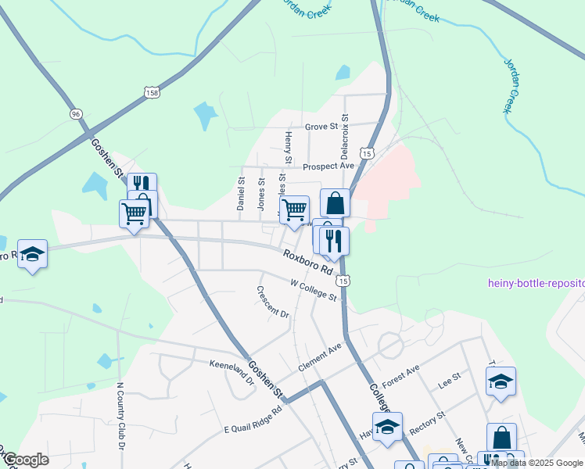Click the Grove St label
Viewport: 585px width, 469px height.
point(321,126)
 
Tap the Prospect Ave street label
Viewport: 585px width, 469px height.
point(328,166)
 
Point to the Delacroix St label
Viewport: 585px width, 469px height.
point(344,131)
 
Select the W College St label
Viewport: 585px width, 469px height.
point(313,291)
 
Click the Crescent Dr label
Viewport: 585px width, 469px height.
point(273,301)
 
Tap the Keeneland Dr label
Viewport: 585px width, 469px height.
point(231,370)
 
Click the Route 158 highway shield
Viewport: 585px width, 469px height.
point(152,93)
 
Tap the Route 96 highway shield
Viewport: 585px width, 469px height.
point(76,114)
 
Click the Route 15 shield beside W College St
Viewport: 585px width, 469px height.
point(343,280)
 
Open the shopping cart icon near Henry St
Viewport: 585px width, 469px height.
point(294,209)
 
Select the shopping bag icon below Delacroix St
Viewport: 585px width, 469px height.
point(335,203)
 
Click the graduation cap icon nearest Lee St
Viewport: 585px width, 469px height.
point(501,381)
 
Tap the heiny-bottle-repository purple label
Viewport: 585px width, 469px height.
point(536,283)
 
